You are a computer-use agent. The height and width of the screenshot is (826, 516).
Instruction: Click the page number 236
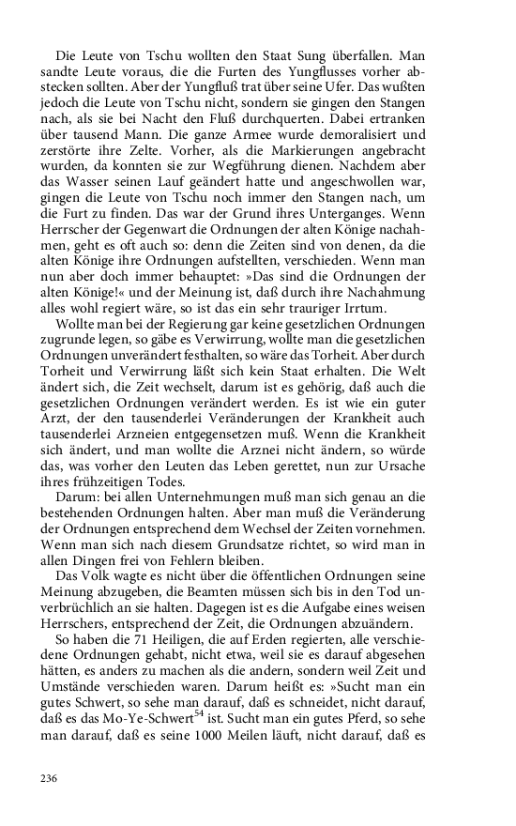tap(50, 778)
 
